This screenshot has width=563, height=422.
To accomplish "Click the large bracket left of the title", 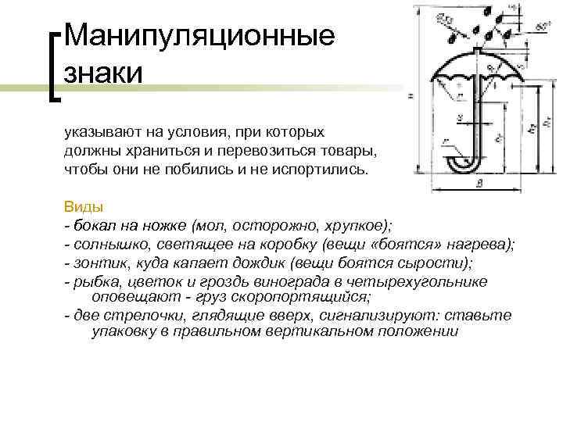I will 54,66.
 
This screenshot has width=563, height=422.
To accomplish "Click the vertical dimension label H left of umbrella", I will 410,97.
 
